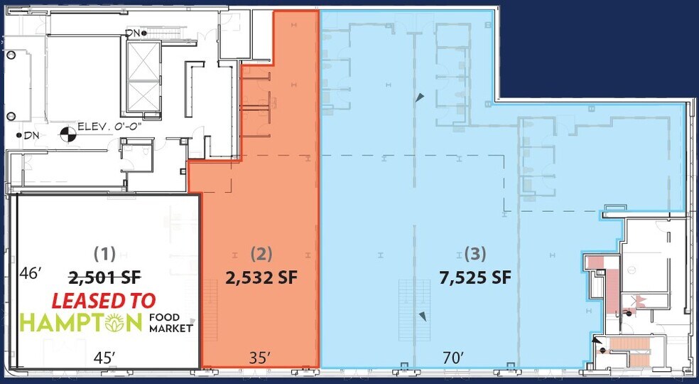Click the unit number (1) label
point(105,252)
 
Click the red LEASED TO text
point(104,301)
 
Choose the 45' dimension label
point(105,358)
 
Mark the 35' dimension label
point(260,358)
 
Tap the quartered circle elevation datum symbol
point(66,132)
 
